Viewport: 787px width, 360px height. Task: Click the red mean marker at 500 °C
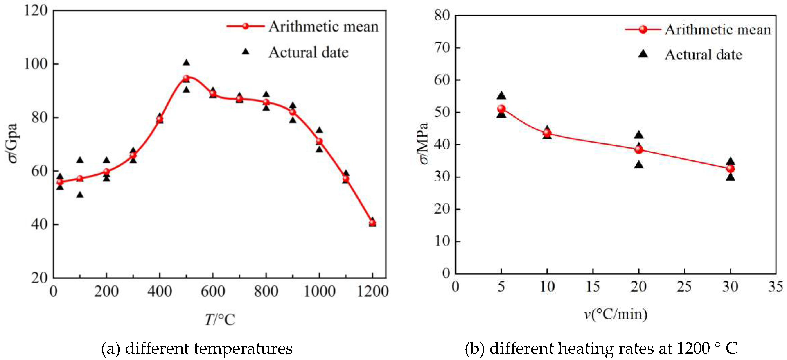click(186, 78)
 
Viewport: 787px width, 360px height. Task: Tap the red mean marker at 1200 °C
click(372, 222)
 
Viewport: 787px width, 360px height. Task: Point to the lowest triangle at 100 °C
click(80, 195)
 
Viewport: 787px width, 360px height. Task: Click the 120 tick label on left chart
click(36, 11)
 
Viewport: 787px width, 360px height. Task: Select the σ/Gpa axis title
click(12, 144)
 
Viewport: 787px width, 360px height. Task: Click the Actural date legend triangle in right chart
click(643, 54)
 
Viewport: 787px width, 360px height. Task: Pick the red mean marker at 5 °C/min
click(501, 109)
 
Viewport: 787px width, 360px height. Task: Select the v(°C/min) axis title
click(616, 314)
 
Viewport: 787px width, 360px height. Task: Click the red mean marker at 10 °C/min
click(547, 133)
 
